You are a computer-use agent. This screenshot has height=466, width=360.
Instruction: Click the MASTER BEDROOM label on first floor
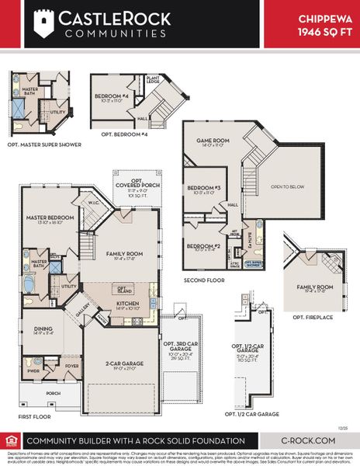[x=43, y=218]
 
